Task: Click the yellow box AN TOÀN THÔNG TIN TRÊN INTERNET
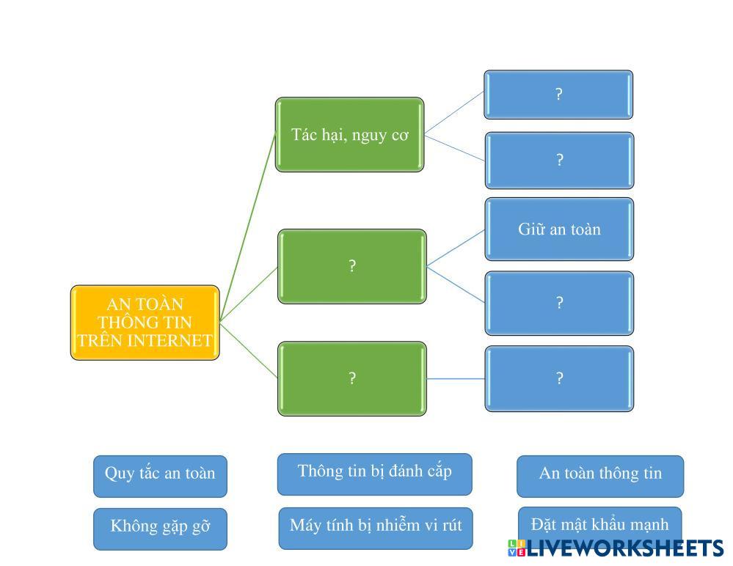point(145,323)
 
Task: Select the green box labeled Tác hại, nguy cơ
point(349,135)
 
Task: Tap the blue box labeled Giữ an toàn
point(559,229)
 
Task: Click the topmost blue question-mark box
point(558,95)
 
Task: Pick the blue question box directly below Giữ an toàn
point(559,303)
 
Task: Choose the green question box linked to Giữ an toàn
point(351,266)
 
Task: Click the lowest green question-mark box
point(351,378)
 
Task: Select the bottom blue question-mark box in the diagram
point(559,378)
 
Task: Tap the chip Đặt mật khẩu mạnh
point(599,522)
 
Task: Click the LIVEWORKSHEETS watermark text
point(624,548)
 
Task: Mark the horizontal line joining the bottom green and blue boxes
point(455,379)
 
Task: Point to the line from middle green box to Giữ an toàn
point(455,247)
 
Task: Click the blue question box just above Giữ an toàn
point(559,161)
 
